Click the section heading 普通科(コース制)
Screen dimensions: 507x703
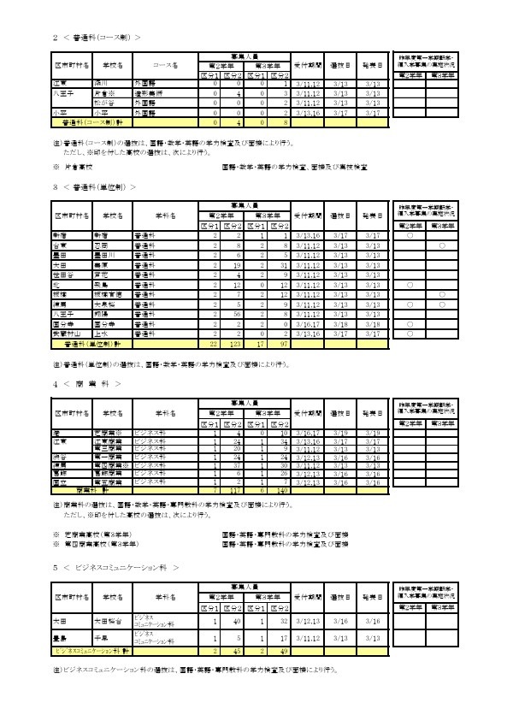[x=95, y=38]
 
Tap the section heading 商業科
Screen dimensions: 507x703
[x=86, y=383]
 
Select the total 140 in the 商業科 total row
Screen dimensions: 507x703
[x=280, y=491]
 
